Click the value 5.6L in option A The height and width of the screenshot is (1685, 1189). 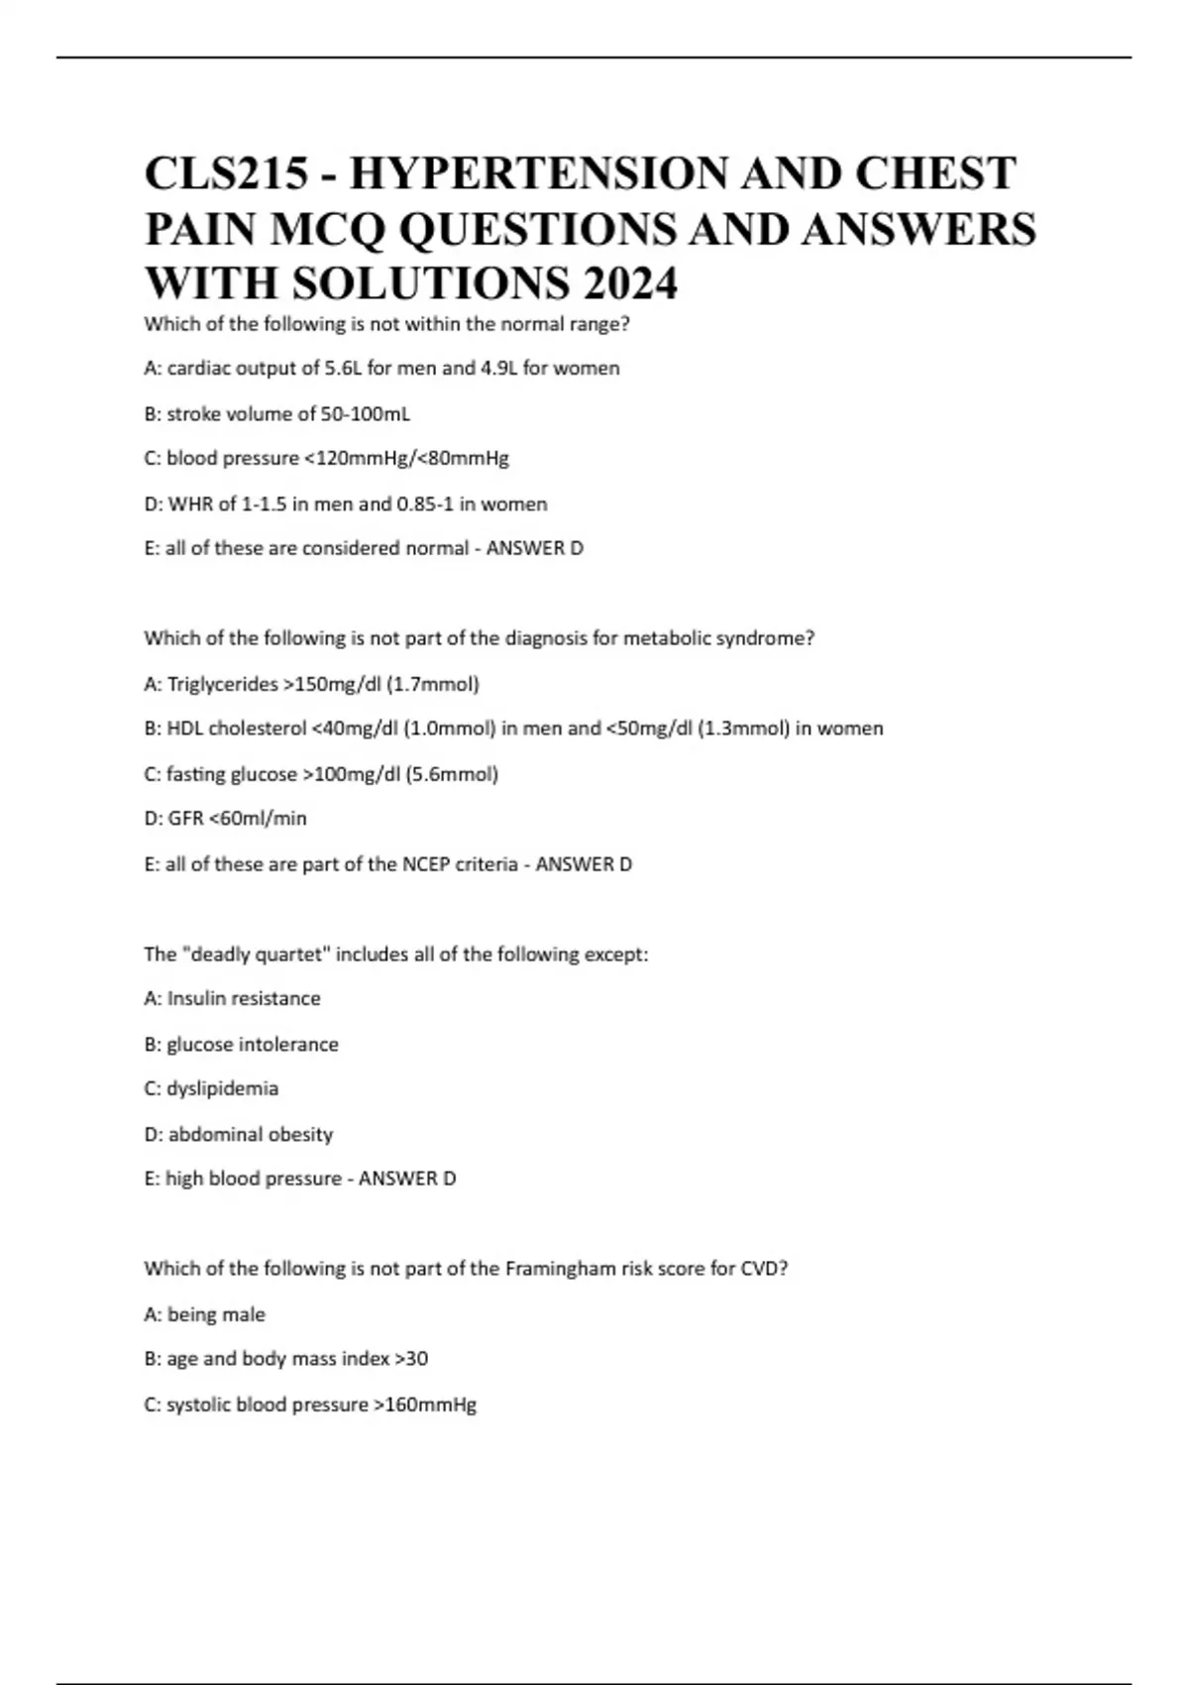click(x=344, y=369)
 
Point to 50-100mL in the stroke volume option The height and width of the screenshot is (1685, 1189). click(x=366, y=413)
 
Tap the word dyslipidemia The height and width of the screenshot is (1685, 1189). click(x=223, y=1088)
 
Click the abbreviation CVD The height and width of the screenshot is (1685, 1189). click(x=762, y=1269)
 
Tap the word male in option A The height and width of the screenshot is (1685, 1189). click(x=244, y=1314)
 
